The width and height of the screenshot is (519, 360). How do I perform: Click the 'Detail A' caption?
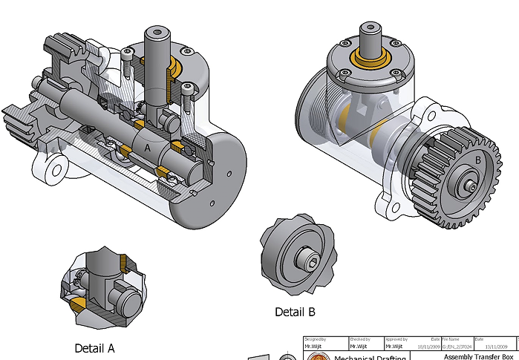tap(94, 347)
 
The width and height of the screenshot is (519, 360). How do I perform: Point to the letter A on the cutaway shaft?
tap(147, 148)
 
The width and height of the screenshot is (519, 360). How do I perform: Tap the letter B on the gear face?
tap(478, 160)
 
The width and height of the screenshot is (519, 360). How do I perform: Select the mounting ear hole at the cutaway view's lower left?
tap(54, 171)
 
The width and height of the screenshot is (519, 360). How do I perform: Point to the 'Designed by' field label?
tap(316, 339)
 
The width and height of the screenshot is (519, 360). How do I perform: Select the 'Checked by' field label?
tap(359, 339)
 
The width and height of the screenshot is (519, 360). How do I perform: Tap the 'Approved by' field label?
tap(399, 339)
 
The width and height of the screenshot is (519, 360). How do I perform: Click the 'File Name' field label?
tap(452, 339)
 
